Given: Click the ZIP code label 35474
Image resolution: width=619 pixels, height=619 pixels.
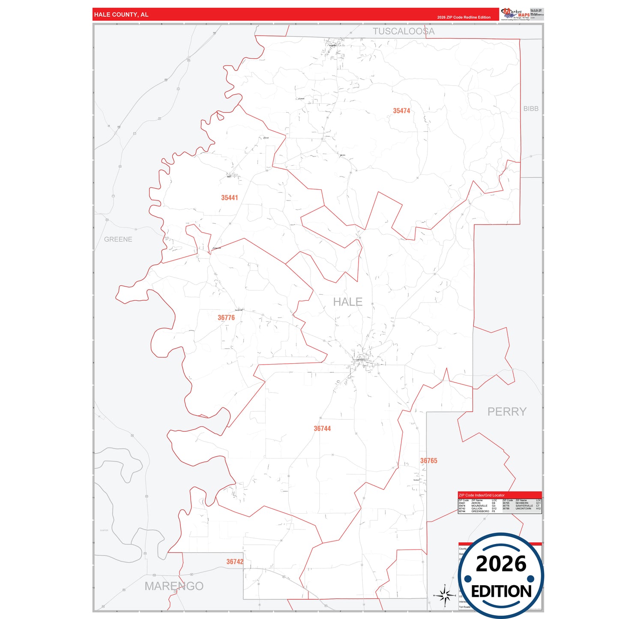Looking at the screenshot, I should (401, 111).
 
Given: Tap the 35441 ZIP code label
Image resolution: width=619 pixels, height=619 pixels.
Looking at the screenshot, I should (229, 198).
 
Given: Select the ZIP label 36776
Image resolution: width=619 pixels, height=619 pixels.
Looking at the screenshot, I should (226, 318).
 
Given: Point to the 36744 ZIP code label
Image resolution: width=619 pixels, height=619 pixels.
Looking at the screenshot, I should (322, 428).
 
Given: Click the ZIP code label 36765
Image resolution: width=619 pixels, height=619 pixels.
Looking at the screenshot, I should (428, 461).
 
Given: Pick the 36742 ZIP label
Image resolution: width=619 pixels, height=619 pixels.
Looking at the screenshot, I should (235, 562).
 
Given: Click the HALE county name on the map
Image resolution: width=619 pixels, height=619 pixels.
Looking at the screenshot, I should (347, 302).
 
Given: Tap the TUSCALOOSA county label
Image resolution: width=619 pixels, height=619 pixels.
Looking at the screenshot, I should (403, 31).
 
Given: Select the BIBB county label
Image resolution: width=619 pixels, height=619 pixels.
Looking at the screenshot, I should (531, 109).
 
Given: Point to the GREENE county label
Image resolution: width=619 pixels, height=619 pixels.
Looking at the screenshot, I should (118, 239).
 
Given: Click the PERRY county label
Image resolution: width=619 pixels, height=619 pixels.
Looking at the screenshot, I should (507, 412).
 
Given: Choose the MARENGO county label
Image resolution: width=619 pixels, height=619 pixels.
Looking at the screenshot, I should (174, 586).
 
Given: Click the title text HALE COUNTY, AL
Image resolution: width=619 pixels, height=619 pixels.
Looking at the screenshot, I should (121, 15).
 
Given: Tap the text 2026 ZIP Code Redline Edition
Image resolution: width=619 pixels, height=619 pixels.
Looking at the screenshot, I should (464, 18).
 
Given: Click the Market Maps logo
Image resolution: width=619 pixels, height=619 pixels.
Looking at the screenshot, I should (515, 14).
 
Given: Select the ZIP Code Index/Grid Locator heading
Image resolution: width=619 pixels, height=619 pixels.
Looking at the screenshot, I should (481, 495).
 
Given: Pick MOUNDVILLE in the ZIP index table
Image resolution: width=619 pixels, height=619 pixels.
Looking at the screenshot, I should (479, 506).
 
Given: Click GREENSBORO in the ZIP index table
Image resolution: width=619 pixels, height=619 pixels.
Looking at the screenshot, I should (480, 511).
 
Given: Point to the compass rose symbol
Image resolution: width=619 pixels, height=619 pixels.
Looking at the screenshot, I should (445, 595).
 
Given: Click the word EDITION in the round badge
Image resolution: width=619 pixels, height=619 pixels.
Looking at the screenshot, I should (501, 592).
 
